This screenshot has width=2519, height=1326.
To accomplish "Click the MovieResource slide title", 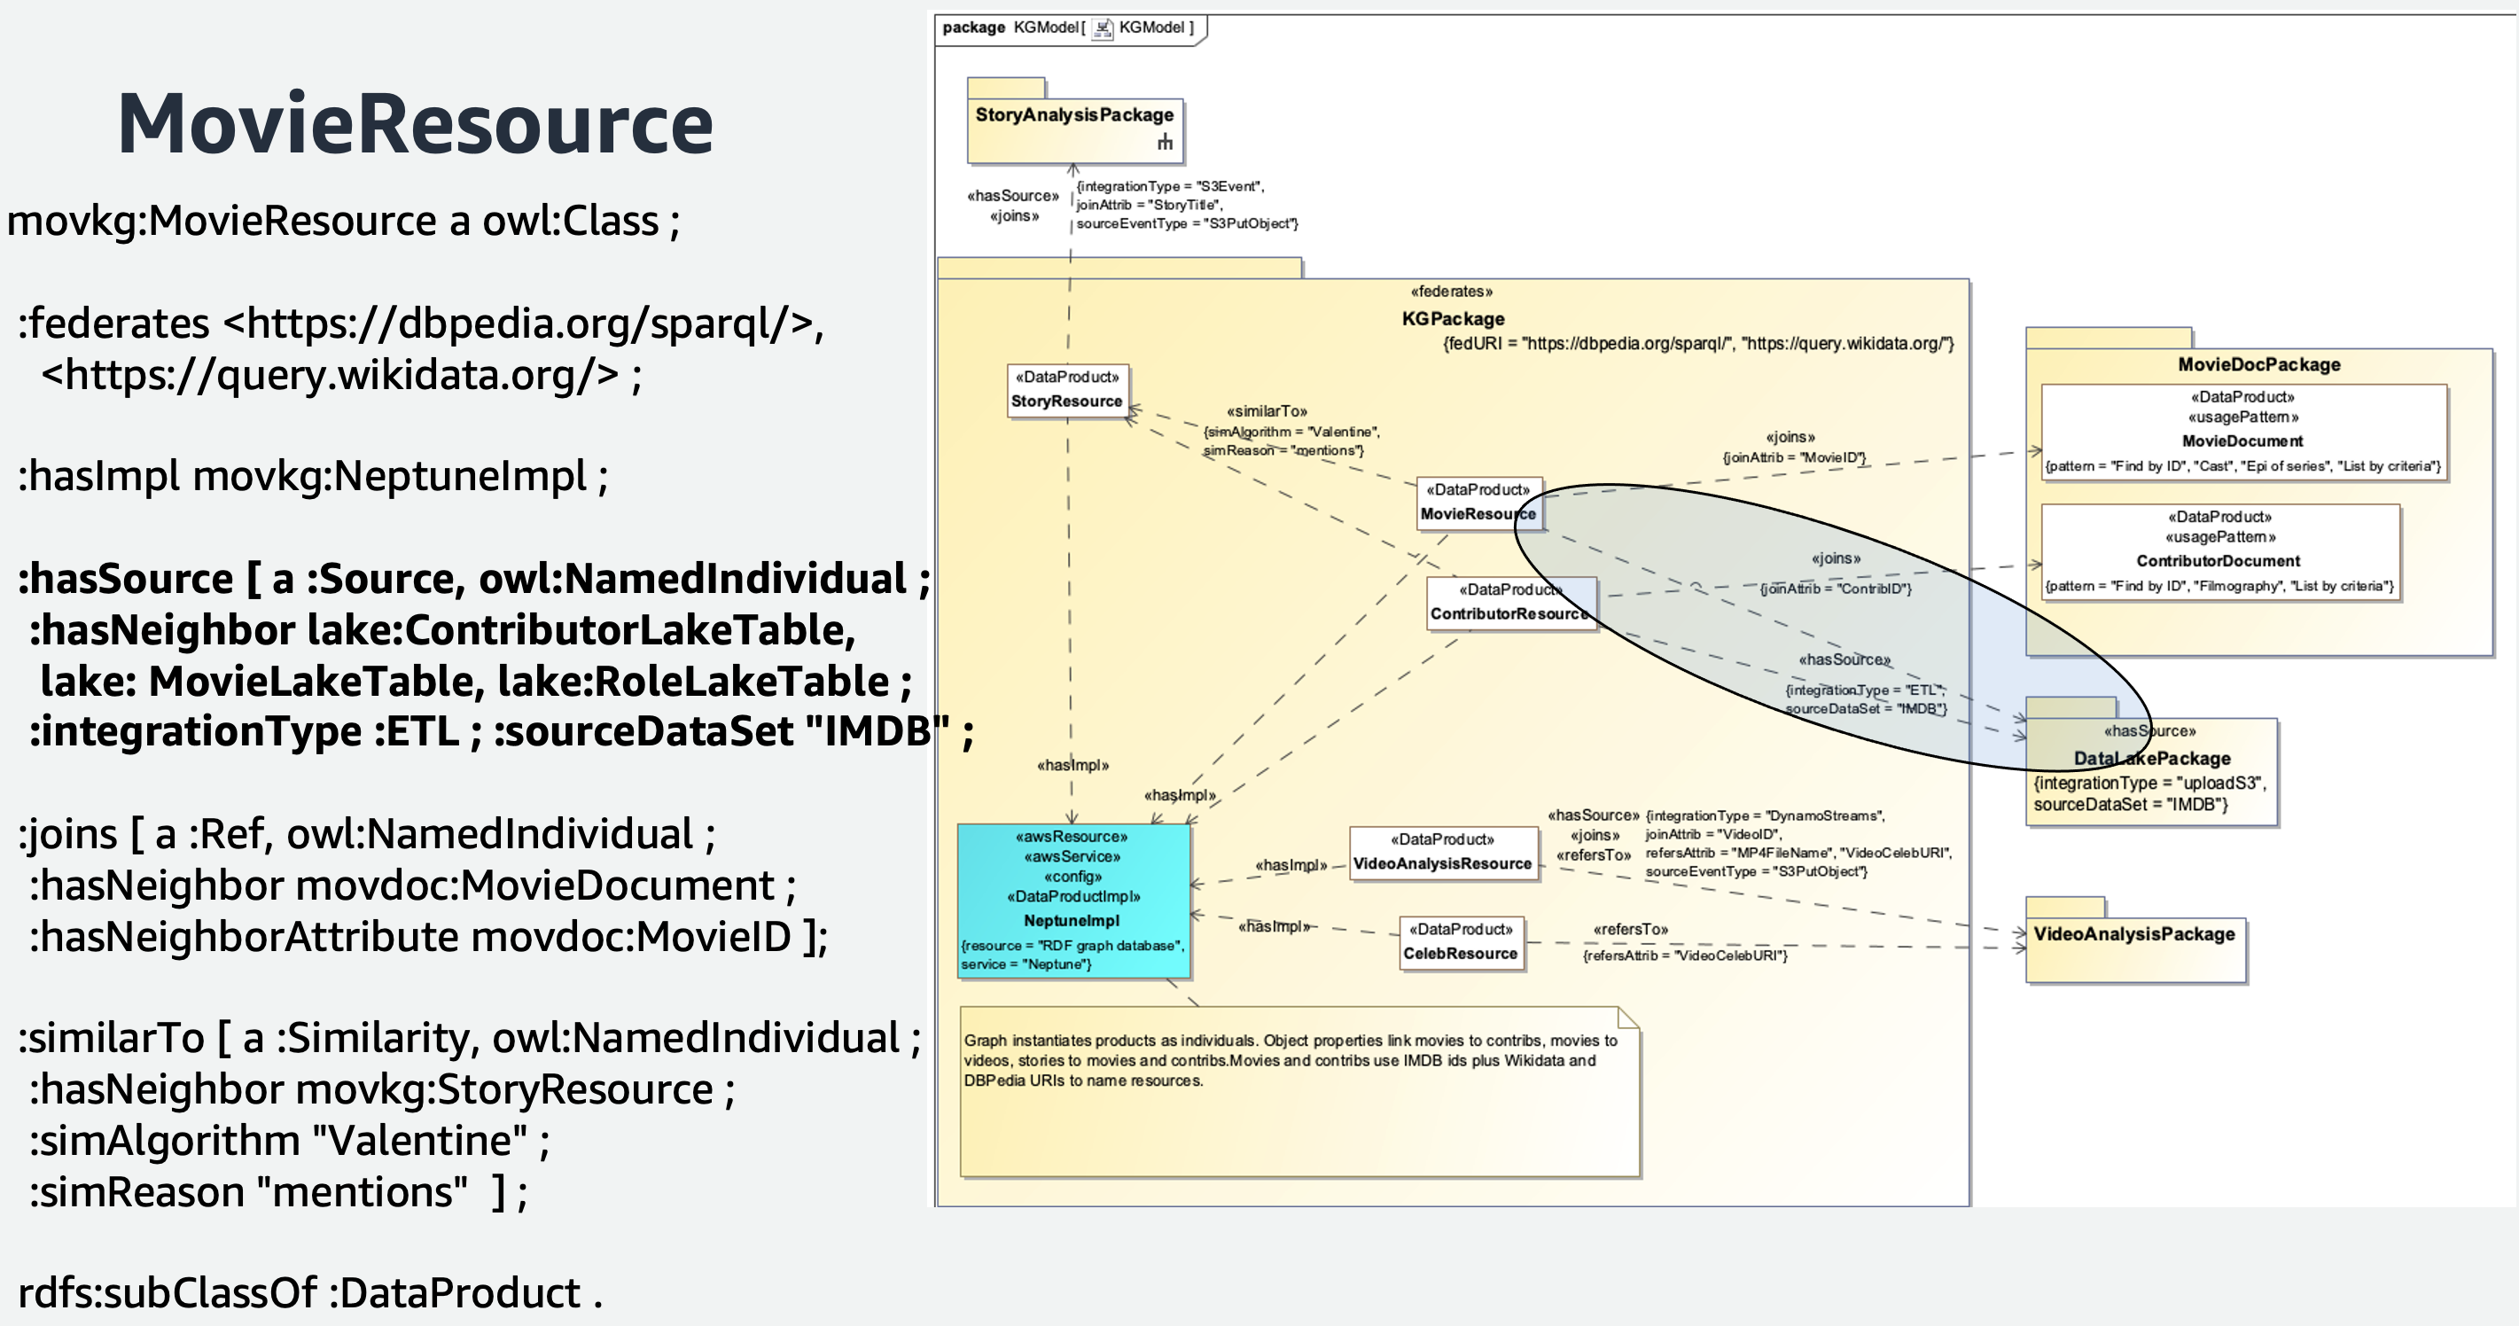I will [x=415, y=124].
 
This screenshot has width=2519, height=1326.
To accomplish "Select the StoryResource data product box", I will [x=1067, y=390].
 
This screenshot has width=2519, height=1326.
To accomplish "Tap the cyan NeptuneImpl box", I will [x=1072, y=901].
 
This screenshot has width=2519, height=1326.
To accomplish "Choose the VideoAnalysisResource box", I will [x=1442, y=853].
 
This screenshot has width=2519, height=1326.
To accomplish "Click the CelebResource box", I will [x=1461, y=943].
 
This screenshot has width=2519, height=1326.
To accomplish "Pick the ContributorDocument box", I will [x=2219, y=551].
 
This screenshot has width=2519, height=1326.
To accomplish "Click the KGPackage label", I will [x=1452, y=319].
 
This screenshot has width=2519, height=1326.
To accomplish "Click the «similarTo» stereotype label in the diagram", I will [x=1267, y=410].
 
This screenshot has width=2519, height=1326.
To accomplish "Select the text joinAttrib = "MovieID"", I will [x=1793, y=457].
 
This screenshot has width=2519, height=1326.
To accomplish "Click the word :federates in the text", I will [x=114, y=324].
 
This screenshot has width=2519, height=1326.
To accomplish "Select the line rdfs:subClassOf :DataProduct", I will [x=309, y=1292].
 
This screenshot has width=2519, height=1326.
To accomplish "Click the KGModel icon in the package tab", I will [x=1102, y=28].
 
